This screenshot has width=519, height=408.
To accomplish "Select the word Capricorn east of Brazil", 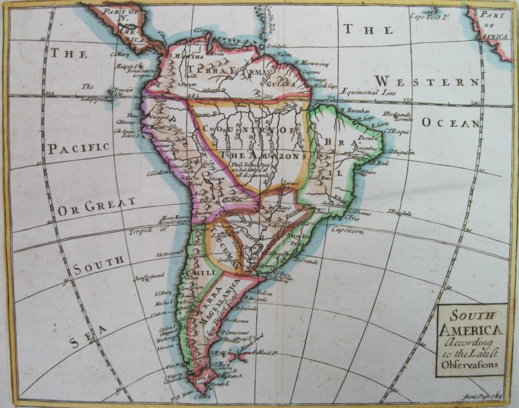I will coord(348,231).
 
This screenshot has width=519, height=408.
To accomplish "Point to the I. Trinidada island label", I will coord(399,213).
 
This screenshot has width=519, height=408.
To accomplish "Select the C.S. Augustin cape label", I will coord(400,152).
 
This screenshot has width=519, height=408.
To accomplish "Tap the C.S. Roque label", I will coord(396,131).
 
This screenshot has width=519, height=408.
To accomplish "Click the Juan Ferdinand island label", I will coord(149,276).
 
